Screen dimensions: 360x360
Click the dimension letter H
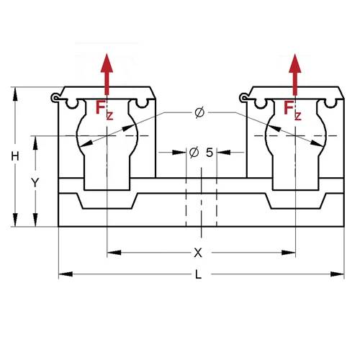click(x=15, y=156)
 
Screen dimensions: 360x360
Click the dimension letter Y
click(x=35, y=182)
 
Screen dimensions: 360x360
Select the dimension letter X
click(x=198, y=253)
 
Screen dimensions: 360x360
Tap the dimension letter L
click(x=198, y=274)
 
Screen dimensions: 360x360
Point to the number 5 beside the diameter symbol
click(x=210, y=153)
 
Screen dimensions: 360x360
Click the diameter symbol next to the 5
click(x=194, y=153)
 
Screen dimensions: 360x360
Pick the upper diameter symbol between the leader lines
click(x=199, y=112)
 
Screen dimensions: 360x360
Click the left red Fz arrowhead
click(x=107, y=63)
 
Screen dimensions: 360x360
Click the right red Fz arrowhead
click(x=295, y=63)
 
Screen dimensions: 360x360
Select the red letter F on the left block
click(x=100, y=107)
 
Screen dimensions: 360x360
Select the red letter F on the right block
click(x=288, y=107)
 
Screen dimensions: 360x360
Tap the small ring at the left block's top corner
click(x=55, y=98)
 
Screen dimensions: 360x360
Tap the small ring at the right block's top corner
click(x=244, y=98)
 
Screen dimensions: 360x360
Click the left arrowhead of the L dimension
click(x=66, y=274)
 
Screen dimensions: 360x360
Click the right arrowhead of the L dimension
click(x=338, y=274)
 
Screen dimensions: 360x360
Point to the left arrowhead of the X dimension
click(x=114, y=253)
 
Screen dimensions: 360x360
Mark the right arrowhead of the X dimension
click(x=289, y=253)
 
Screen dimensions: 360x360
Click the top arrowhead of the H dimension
click(x=15, y=94)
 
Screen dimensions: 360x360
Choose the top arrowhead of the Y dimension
click(x=35, y=143)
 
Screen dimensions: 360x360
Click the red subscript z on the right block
click(x=297, y=116)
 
